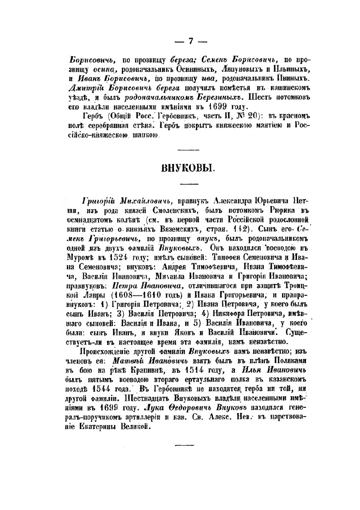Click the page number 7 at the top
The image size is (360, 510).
(190, 41)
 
